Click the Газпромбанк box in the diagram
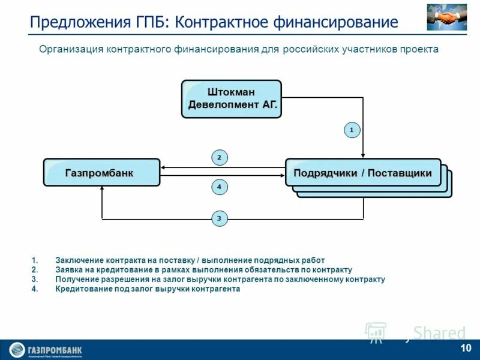point(101,173)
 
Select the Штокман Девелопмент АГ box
point(231,98)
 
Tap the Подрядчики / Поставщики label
point(362,173)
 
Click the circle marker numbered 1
point(352,130)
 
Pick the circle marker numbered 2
point(219,158)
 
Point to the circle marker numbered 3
point(219,219)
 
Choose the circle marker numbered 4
point(219,187)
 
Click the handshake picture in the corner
point(446,17)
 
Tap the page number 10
point(466,349)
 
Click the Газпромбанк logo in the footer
point(46,350)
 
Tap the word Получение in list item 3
point(76,280)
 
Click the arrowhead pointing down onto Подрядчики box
point(363,155)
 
